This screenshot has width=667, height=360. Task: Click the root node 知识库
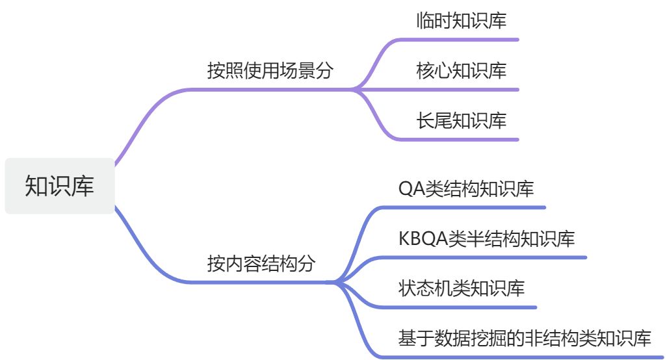coord(59,186)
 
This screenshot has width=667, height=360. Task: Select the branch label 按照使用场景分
coord(270,70)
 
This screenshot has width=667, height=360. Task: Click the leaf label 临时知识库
coord(461,21)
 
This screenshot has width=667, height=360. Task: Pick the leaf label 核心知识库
coord(461,70)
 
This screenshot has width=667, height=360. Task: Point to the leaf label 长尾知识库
coord(461,120)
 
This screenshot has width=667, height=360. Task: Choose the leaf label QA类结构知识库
coord(466,189)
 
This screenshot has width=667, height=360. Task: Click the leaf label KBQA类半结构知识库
coord(486,238)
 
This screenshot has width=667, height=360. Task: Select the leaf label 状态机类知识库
coord(461,288)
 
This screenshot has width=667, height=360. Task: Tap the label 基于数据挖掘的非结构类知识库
coord(525,338)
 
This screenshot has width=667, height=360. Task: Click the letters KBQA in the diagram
coord(423,238)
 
